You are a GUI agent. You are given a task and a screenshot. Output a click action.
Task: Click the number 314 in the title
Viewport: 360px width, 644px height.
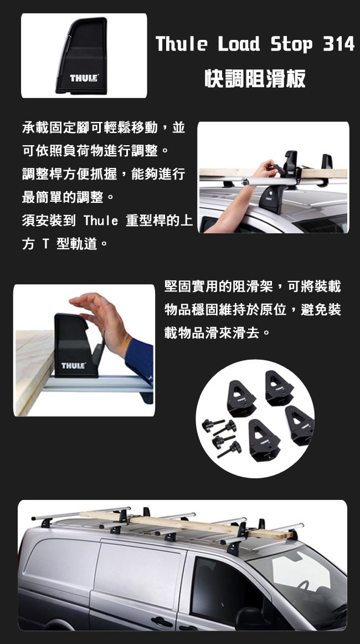point(338,44)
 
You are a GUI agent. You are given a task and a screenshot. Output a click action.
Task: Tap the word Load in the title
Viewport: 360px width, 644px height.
point(238,44)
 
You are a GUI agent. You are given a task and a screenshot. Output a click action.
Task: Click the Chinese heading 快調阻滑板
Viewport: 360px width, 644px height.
point(255,78)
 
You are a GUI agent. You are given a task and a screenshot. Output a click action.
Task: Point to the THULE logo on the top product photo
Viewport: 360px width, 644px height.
point(84,78)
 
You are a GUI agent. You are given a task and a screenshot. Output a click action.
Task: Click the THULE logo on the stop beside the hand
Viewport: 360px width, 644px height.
point(74,365)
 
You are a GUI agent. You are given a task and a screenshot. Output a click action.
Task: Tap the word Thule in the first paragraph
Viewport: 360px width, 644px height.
point(101,221)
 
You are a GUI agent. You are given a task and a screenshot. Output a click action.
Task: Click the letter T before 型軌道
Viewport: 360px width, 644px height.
point(46,244)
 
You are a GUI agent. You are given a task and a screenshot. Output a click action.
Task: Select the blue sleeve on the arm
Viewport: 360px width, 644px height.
point(140,361)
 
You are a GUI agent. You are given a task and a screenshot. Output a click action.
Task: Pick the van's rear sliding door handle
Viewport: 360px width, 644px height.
point(161,622)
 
